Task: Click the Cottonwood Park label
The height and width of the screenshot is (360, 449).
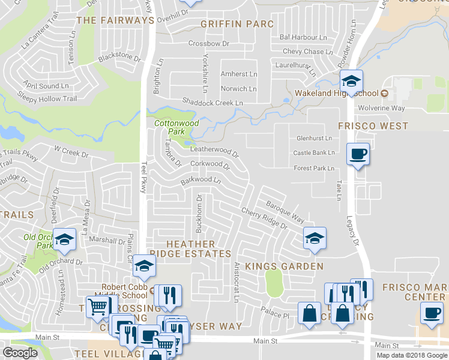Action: point(176,127)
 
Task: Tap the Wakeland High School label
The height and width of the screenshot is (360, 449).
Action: point(337,93)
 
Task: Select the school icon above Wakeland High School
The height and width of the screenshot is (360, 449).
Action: point(351,80)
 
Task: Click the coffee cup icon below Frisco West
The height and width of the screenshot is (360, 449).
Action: point(358,154)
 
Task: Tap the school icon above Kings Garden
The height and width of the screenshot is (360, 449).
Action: point(314,238)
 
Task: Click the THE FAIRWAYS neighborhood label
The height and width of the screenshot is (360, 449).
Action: point(116,20)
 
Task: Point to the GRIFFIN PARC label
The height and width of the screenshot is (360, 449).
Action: point(237,24)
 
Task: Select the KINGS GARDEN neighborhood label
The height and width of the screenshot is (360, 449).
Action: point(285,266)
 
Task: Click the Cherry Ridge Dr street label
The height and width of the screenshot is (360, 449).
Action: point(264,218)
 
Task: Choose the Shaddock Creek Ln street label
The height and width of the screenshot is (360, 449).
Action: point(213,103)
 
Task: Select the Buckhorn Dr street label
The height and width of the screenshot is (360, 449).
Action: point(199,213)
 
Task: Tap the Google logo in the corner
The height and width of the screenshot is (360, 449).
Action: point(20,353)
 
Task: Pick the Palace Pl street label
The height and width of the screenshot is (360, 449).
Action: point(275,313)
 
